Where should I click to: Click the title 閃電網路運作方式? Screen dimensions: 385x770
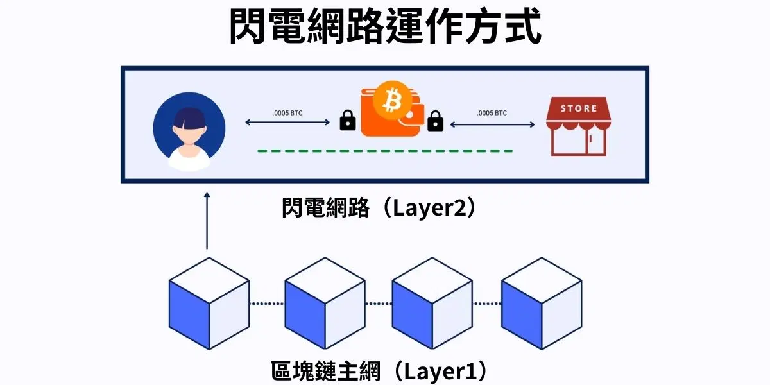pos(385,27)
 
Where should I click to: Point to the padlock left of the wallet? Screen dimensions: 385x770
pos(348,120)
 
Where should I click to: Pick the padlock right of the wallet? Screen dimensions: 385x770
pos(435,120)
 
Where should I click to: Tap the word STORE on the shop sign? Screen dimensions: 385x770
pos(578,108)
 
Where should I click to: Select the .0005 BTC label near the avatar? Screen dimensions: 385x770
pos(287,113)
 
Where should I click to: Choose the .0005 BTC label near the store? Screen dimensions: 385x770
pos(492,113)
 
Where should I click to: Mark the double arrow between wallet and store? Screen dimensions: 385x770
pos(492,124)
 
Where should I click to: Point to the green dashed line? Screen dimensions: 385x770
pos(385,151)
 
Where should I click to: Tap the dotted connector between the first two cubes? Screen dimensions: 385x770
pos(266,304)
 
